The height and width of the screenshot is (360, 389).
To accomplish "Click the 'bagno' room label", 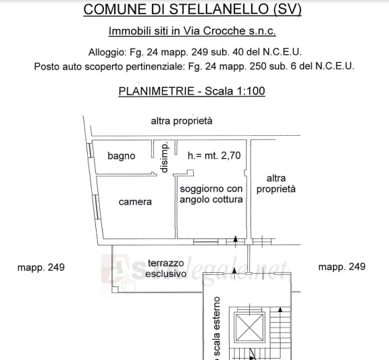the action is (x=122, y=156).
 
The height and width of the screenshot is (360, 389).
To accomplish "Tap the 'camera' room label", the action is (x=135, y=202).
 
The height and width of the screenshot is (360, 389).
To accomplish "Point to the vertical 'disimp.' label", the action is (x=165, y=157).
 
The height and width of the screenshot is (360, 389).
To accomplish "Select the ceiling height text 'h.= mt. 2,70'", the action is (x=214, y=155).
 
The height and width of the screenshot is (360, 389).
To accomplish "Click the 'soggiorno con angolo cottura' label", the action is (x=211, y=194).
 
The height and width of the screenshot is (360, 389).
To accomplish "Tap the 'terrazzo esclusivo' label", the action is (x=165, y=268).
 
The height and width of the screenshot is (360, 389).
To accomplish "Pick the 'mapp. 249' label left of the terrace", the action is (x=41, y=267).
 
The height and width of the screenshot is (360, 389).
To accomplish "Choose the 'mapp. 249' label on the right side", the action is (x=342, y=267).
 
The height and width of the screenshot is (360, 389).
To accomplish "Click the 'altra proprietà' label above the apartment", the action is (x=182, y=121).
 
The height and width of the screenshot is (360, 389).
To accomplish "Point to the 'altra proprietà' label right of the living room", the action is (x=276, y=184).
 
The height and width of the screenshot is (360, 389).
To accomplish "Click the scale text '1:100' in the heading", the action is (x=251, y=91).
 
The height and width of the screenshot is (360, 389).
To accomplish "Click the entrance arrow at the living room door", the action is (x=236, y=241).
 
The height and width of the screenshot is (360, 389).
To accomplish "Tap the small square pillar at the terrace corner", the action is (x=115, y=290).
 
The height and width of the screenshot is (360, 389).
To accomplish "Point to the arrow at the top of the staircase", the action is (x=280, y=309).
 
